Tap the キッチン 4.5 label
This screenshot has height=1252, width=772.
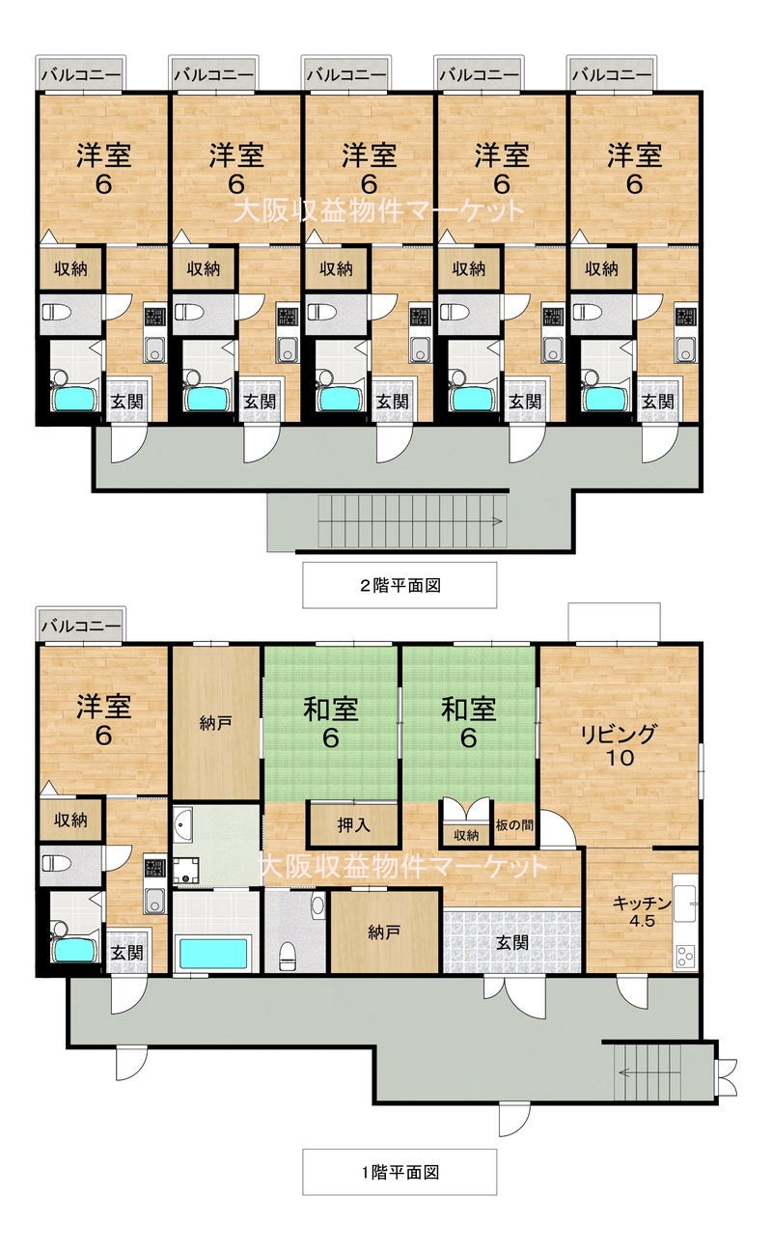pyautogui.click(x=642, y=911)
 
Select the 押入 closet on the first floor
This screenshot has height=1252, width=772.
pyautogui.click(x=353, y=824)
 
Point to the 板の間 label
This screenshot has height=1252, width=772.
pyautogui.click(x=514, y=824)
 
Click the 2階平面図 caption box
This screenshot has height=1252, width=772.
pyautogui.click(x=400, y=585)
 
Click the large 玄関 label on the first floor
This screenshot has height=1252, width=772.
pyautogui.click(x=512, y=942)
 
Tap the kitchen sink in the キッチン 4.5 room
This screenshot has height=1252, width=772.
pyautogui.click(x=685, y=904)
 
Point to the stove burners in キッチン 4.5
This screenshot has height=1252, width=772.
pyautogui.click(x=685, y=956)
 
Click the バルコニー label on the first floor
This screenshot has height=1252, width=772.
pyautogui.click(x=81, y=625)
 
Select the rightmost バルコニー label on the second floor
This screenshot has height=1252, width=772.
pyautogui.click(x=612, y=73)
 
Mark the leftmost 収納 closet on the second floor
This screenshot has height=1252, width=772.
pyautogui.click(x=71, y=269)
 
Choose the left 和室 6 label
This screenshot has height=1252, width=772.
pyautogui.click(x=331, y=722)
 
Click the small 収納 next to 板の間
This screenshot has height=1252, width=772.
pyautogui.click(x=466, y=834)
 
